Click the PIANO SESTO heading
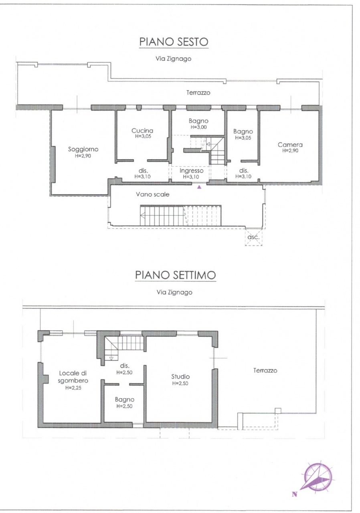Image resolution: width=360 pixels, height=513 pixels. click(x=174, y=42)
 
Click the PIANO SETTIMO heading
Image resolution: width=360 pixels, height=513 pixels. click(x=176, y=275)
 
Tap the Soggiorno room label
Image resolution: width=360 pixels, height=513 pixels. click(x=83, y=149)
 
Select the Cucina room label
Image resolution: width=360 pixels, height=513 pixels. click(x=142, y=131)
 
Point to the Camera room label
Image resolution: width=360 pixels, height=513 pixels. click(x=290, y=145)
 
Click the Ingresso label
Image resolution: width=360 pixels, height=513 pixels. click(x=192, y=171)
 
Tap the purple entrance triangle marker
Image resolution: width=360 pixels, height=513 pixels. click(x=199, y=187)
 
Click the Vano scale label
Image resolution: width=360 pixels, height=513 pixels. click(x=153, y=194)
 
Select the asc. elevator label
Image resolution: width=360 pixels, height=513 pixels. click(x=253, y=237)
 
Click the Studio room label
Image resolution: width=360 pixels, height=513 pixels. click(x=181, y=376)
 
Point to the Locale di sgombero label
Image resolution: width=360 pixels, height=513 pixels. click(x=73, y=377)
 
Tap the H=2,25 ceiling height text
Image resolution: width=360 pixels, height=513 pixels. click(x=73, y=388)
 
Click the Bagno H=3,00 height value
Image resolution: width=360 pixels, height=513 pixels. click(x=198, y=127)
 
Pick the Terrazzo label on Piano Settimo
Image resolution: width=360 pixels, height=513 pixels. click(x=265, y=370)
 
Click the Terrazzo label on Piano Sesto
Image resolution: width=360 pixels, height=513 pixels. click(x=198, y=93)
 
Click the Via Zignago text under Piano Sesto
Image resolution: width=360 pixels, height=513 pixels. click(x=173, y=59)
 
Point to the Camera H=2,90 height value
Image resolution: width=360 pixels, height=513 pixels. click(x=290, y=151)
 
